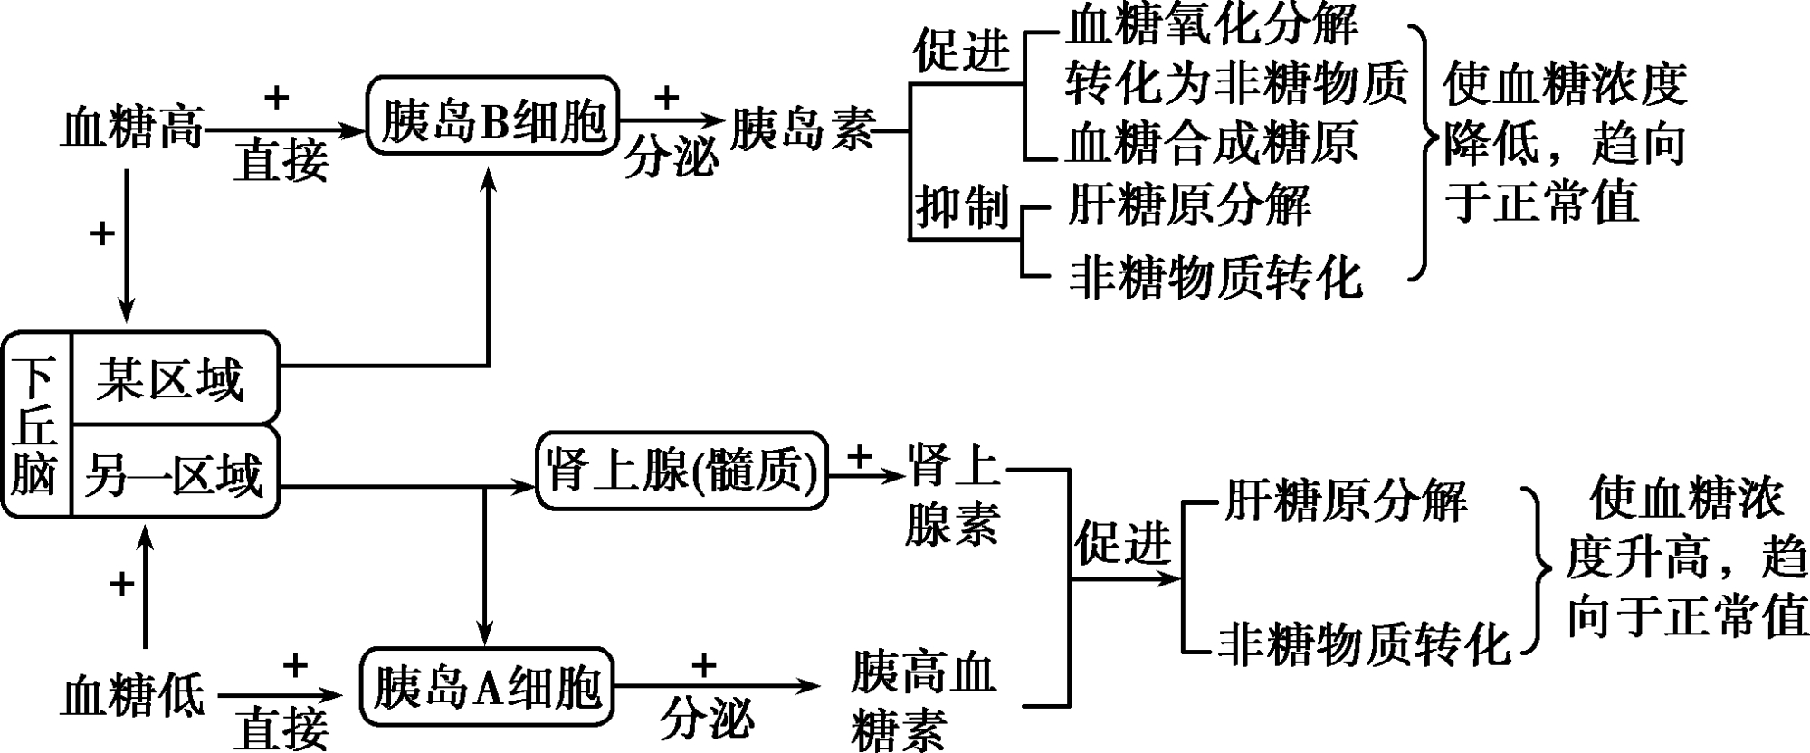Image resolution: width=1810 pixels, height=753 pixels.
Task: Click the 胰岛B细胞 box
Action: pyautogui.click(x=493, y=116)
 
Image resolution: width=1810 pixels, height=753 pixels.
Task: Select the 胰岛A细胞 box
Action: pyautogui.click(x=487, y=687)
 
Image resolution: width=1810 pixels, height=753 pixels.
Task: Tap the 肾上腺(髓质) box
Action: pyautogui.click(x=681, y=470)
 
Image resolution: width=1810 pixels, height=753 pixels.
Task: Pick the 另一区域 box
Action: pyautogui.click(x=175, y=473)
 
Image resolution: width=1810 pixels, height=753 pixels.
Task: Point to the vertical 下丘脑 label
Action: pyautogui.click(x=34, y=424)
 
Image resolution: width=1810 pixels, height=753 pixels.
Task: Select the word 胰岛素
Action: pyautogui.click(x=802, y=129)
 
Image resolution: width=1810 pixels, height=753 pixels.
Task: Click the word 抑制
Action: pyautogui.click(x=961, y=207)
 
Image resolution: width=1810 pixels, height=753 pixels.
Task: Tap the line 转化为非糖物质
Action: pyautogui.click(x=1236, y=83)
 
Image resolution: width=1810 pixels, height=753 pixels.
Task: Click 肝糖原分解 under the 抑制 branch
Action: pyautogui.click(x=1189, y=205)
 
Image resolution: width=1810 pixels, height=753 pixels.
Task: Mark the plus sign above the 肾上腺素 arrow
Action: pyautogui.click(x=859, y=456)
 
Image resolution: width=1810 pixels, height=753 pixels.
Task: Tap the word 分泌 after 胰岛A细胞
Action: pyautogui.click(x=705, y=720)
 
